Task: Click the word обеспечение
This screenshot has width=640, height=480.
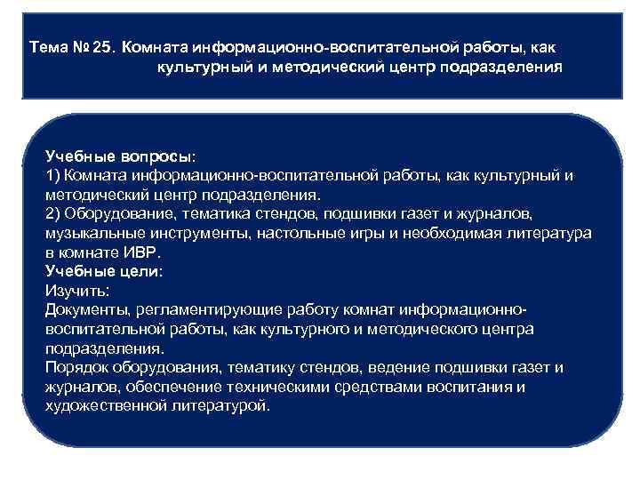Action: pos(169,388)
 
